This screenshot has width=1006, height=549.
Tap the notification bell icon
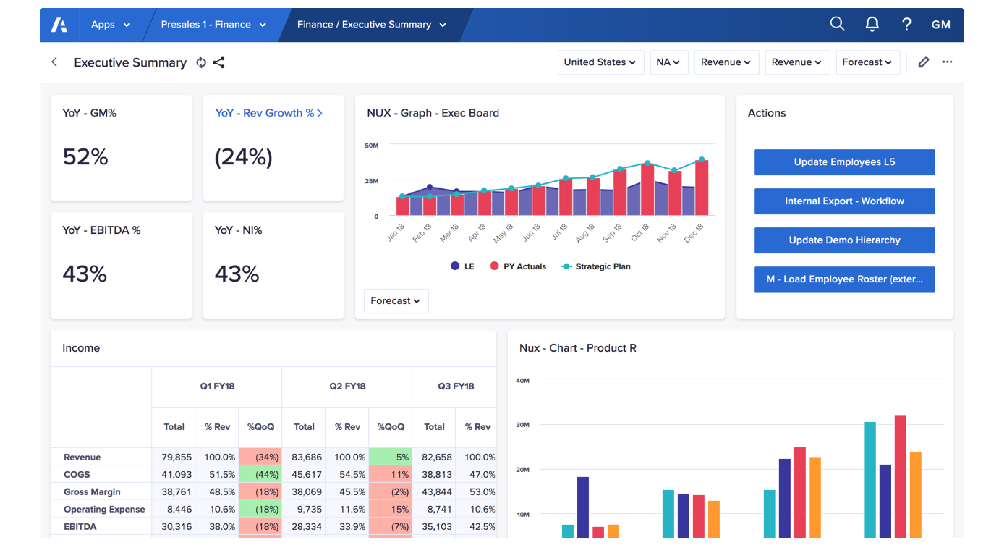[x=872, y=24]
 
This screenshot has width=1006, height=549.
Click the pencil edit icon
[x=923, y=62]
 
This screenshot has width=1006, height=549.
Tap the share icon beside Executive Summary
[x=219, y=63]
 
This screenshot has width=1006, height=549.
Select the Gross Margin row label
[x=92, y=492]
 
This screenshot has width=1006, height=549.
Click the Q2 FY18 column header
[x=347, y=386]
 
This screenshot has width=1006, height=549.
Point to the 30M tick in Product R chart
[x=523, y=425]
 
